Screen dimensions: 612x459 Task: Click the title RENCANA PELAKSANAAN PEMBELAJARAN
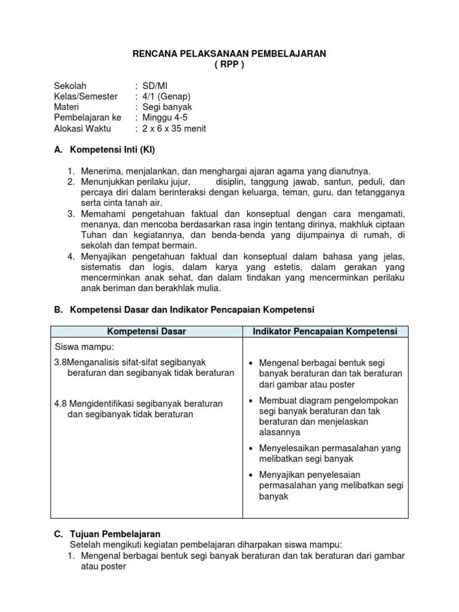[229, 54]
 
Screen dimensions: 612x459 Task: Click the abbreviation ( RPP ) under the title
[229, 65]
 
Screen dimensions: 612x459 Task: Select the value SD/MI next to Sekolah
[155, 86]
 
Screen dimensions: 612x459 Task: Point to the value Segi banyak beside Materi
[167, 107]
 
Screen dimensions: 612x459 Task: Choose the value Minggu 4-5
[165, 118]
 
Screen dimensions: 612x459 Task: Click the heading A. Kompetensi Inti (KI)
[108, 149]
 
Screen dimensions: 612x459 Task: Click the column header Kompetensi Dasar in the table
[146, 331]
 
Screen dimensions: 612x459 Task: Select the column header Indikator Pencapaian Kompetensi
[325, 331]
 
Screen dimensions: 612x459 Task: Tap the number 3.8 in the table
[60, 362]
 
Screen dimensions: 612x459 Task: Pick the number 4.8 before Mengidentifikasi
[61, 404]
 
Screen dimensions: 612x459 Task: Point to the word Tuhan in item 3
[92, 235]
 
